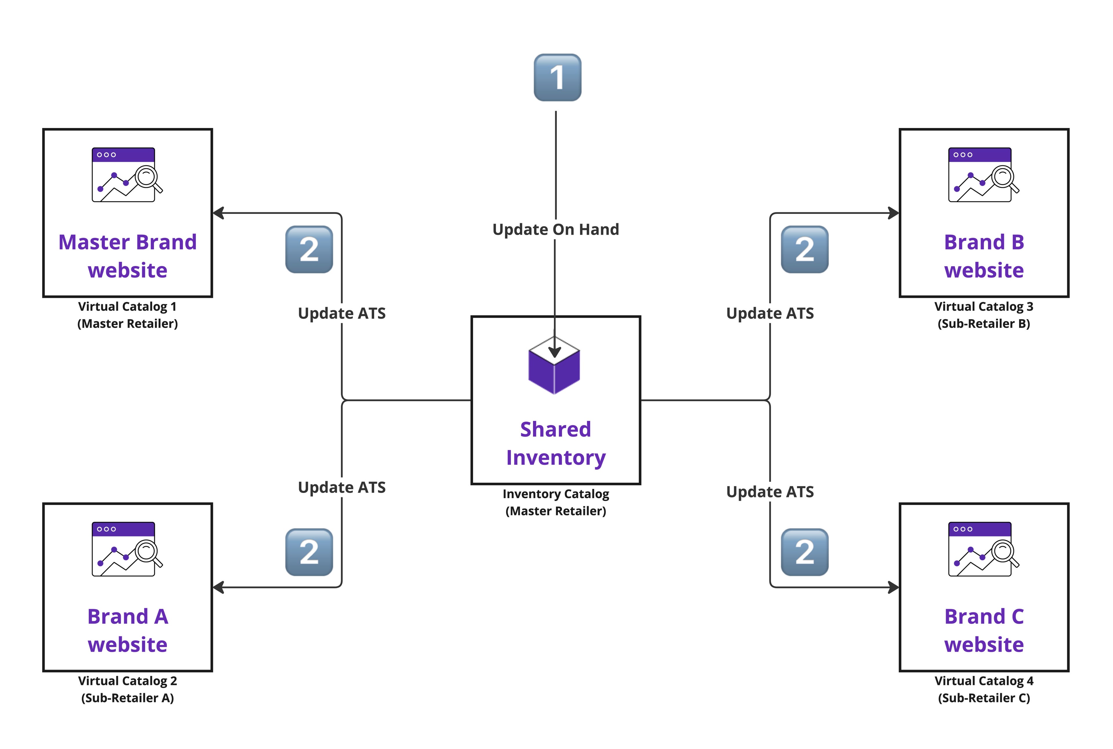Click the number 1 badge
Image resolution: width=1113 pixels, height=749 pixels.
557,77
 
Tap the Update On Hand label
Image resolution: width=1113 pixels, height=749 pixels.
555,229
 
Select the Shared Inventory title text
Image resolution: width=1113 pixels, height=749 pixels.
555,443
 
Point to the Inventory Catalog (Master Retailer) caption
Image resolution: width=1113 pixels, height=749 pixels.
555,502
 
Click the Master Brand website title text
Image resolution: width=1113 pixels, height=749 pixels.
128,256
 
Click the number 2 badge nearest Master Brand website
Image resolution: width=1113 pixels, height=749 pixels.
309,249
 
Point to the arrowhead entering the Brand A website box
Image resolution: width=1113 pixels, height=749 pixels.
218,588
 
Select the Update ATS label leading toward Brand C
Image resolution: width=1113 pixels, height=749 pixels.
770,491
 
